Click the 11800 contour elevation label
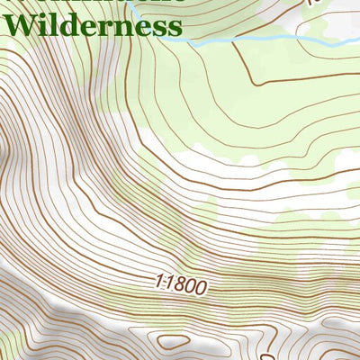pos(181,286)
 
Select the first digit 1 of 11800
pos(158,283)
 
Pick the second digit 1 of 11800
pos(169,284)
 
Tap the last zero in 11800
pos(203,289)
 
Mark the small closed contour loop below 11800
pos(172,342)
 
